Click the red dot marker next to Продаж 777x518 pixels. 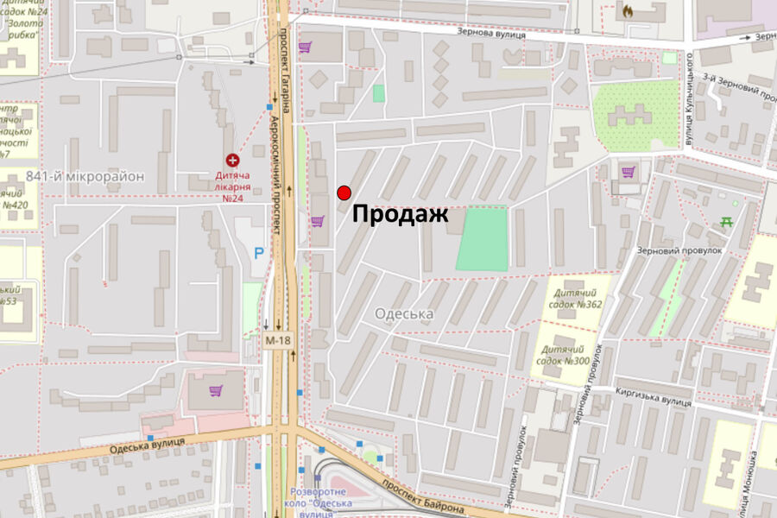(x=344, y=193)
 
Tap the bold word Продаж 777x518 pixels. (x=401, y=215)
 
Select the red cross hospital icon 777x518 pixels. (x=232, y=160)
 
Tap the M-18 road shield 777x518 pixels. (x=277, y=340)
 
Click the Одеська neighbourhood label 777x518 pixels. (x=404, y=314)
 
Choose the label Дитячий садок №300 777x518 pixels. (x=572, y=354)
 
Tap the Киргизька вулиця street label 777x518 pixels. (x=654, y=396)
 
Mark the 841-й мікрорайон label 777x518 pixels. (x=85, y=176)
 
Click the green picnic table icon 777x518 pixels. (x=726, y=222)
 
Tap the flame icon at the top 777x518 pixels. (x=627, y=12)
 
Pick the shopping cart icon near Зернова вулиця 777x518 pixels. (x=304, y=47)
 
